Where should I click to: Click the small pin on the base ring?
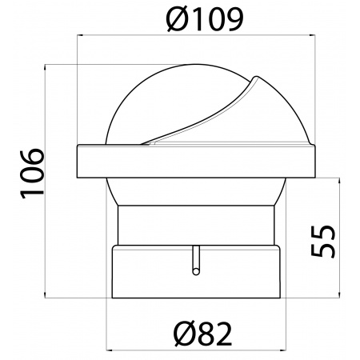point(195,261)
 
